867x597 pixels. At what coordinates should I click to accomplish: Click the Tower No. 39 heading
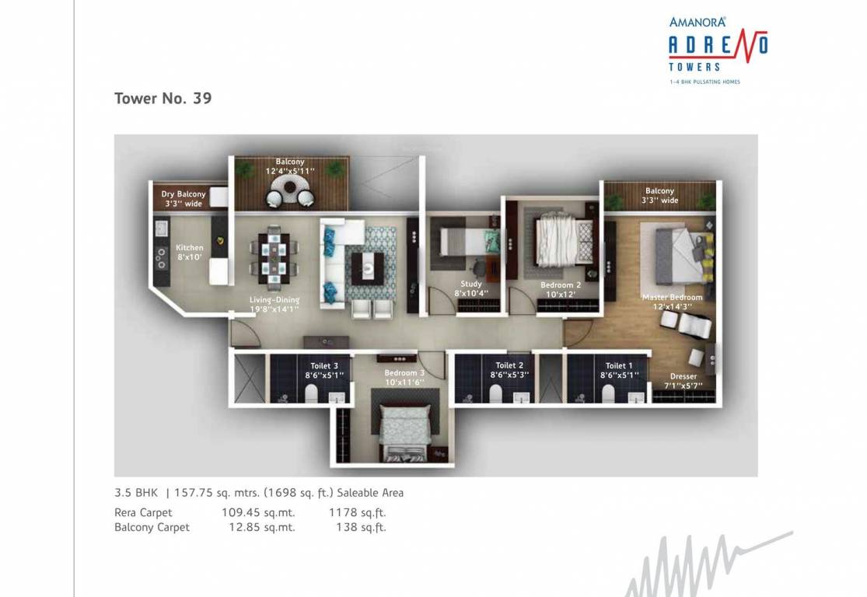(163, 99)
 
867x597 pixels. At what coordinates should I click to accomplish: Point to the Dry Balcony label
(184, 199)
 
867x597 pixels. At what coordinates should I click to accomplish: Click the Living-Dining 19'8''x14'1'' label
(274, 304)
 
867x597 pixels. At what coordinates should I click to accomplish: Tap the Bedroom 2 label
(561, 290)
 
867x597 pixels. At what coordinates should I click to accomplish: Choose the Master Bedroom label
(672, 302)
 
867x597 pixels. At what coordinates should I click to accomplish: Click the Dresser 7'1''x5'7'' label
(683, 381)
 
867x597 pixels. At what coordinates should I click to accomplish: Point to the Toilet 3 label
(324, 370)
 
